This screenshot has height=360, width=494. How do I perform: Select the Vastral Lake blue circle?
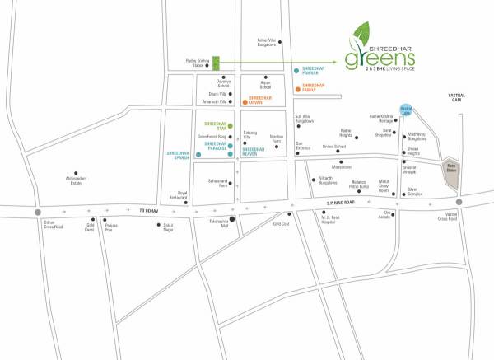[x=417, y=110]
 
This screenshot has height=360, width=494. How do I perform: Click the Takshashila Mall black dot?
[x=232, y=219]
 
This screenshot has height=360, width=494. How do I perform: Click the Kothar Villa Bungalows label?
[x=268, y=43]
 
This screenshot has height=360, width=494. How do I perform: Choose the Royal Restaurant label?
[x=179, y=197]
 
